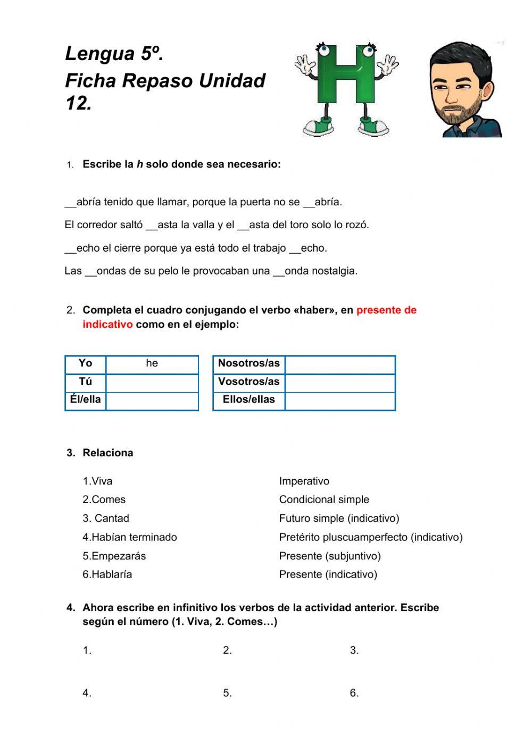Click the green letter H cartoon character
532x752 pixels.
[x=346, y=88]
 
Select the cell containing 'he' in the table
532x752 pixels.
[x=152, y=364]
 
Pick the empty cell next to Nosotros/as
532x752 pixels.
[x=339, y=364]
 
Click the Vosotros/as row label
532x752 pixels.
[x=248, y=382]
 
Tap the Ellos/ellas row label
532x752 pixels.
[x=248, y=400]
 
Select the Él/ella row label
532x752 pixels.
[x=85, y=400]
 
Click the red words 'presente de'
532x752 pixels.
[x=386, y=311]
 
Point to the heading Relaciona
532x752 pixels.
[x=108, y=453]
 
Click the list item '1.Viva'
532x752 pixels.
[x=97, y=481]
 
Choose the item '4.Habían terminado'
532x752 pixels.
[x=129, y=537]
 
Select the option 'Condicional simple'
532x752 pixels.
[x=324, y=500]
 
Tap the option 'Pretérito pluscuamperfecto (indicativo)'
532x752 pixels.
[x=371, y=537]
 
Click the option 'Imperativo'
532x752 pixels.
[x=304, y=481]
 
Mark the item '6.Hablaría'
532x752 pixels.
[x=107, y=574]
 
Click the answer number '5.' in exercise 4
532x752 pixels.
[x=227, y=693]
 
